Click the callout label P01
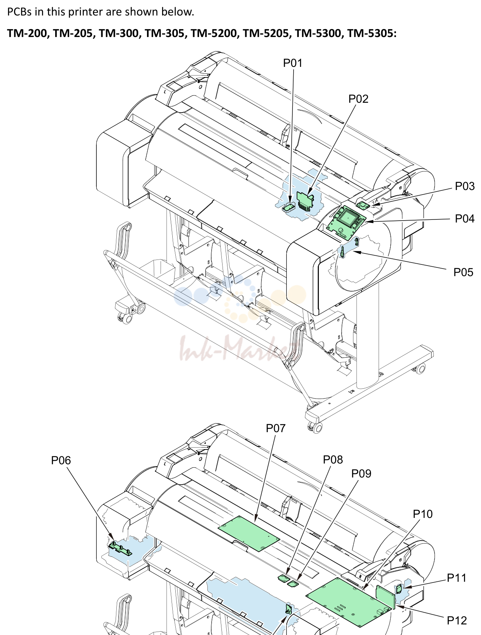coord(293,63)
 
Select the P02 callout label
coord(358,99)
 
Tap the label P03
coord(465,186)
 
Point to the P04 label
coord(465,219)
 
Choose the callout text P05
coord(463,272)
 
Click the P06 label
coord(61,460)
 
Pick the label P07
coord(276,428)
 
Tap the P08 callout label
coord(333,460)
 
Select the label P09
coord(361,474)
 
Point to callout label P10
coord(423,514)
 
